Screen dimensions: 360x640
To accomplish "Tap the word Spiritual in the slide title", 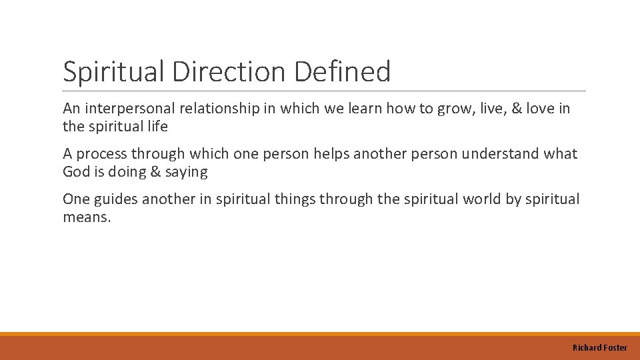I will pyautogui.click(x=114, y=72).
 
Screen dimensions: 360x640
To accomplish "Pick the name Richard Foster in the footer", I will pyautogui.click(x=599, y=347).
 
